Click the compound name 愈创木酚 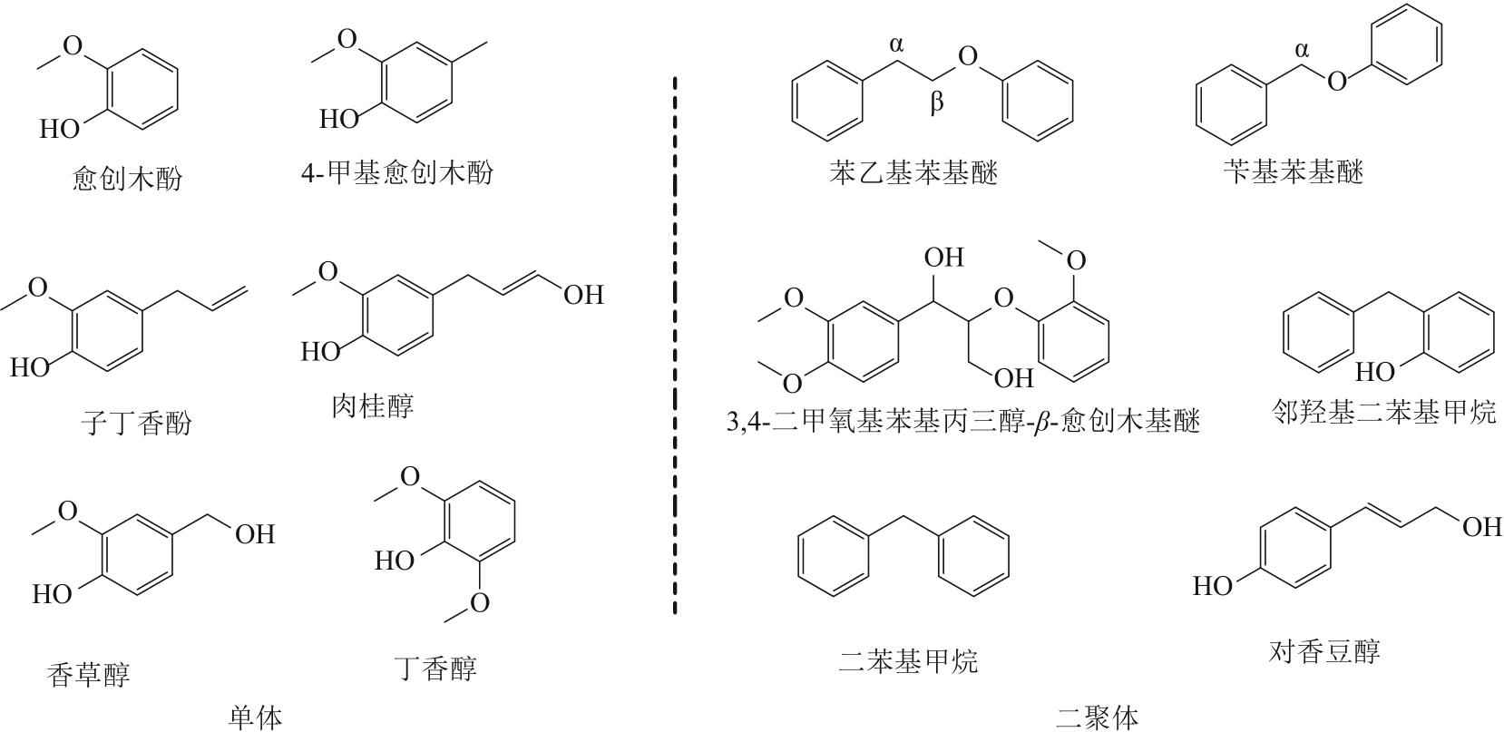pyautogui.click(x=127, y=179)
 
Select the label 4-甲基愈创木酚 pyautogui.click(x=397, y=172)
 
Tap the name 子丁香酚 pyautogui.click(x=136, y=423)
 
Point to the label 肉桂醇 pyautogui.click(x=373, y=405)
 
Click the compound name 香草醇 pyautogui.click(x=88, y=674)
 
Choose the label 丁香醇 pyautogui.click(x=435, y=668)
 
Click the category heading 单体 pyautogui.click(x=255, y=717)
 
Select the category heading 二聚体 pyautogui.click(x=1097, y=717)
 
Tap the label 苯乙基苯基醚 pyautogui.click(x=913, y=172)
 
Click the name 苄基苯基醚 pyautogui.click(x=1294, y=171)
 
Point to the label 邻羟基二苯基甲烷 pyautogui.click(x=1384, y=411)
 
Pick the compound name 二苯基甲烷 pyautogui.click(x=908, y=661)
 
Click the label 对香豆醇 pyautogui.click(x=1324, y=650)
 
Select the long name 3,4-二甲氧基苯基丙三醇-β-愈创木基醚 pyautogui.click(x=962, y=421)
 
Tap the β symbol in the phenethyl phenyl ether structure pyautogui.click(x=937, y=102)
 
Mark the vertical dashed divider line pyautogui.click(x=675, y=346)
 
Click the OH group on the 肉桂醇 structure pyautogui.click(x=584, y=295)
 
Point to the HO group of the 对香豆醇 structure pyautogui.click(x=1213, y=586)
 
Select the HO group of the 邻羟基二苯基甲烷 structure pyautogui.click(x=1375, y=371)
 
